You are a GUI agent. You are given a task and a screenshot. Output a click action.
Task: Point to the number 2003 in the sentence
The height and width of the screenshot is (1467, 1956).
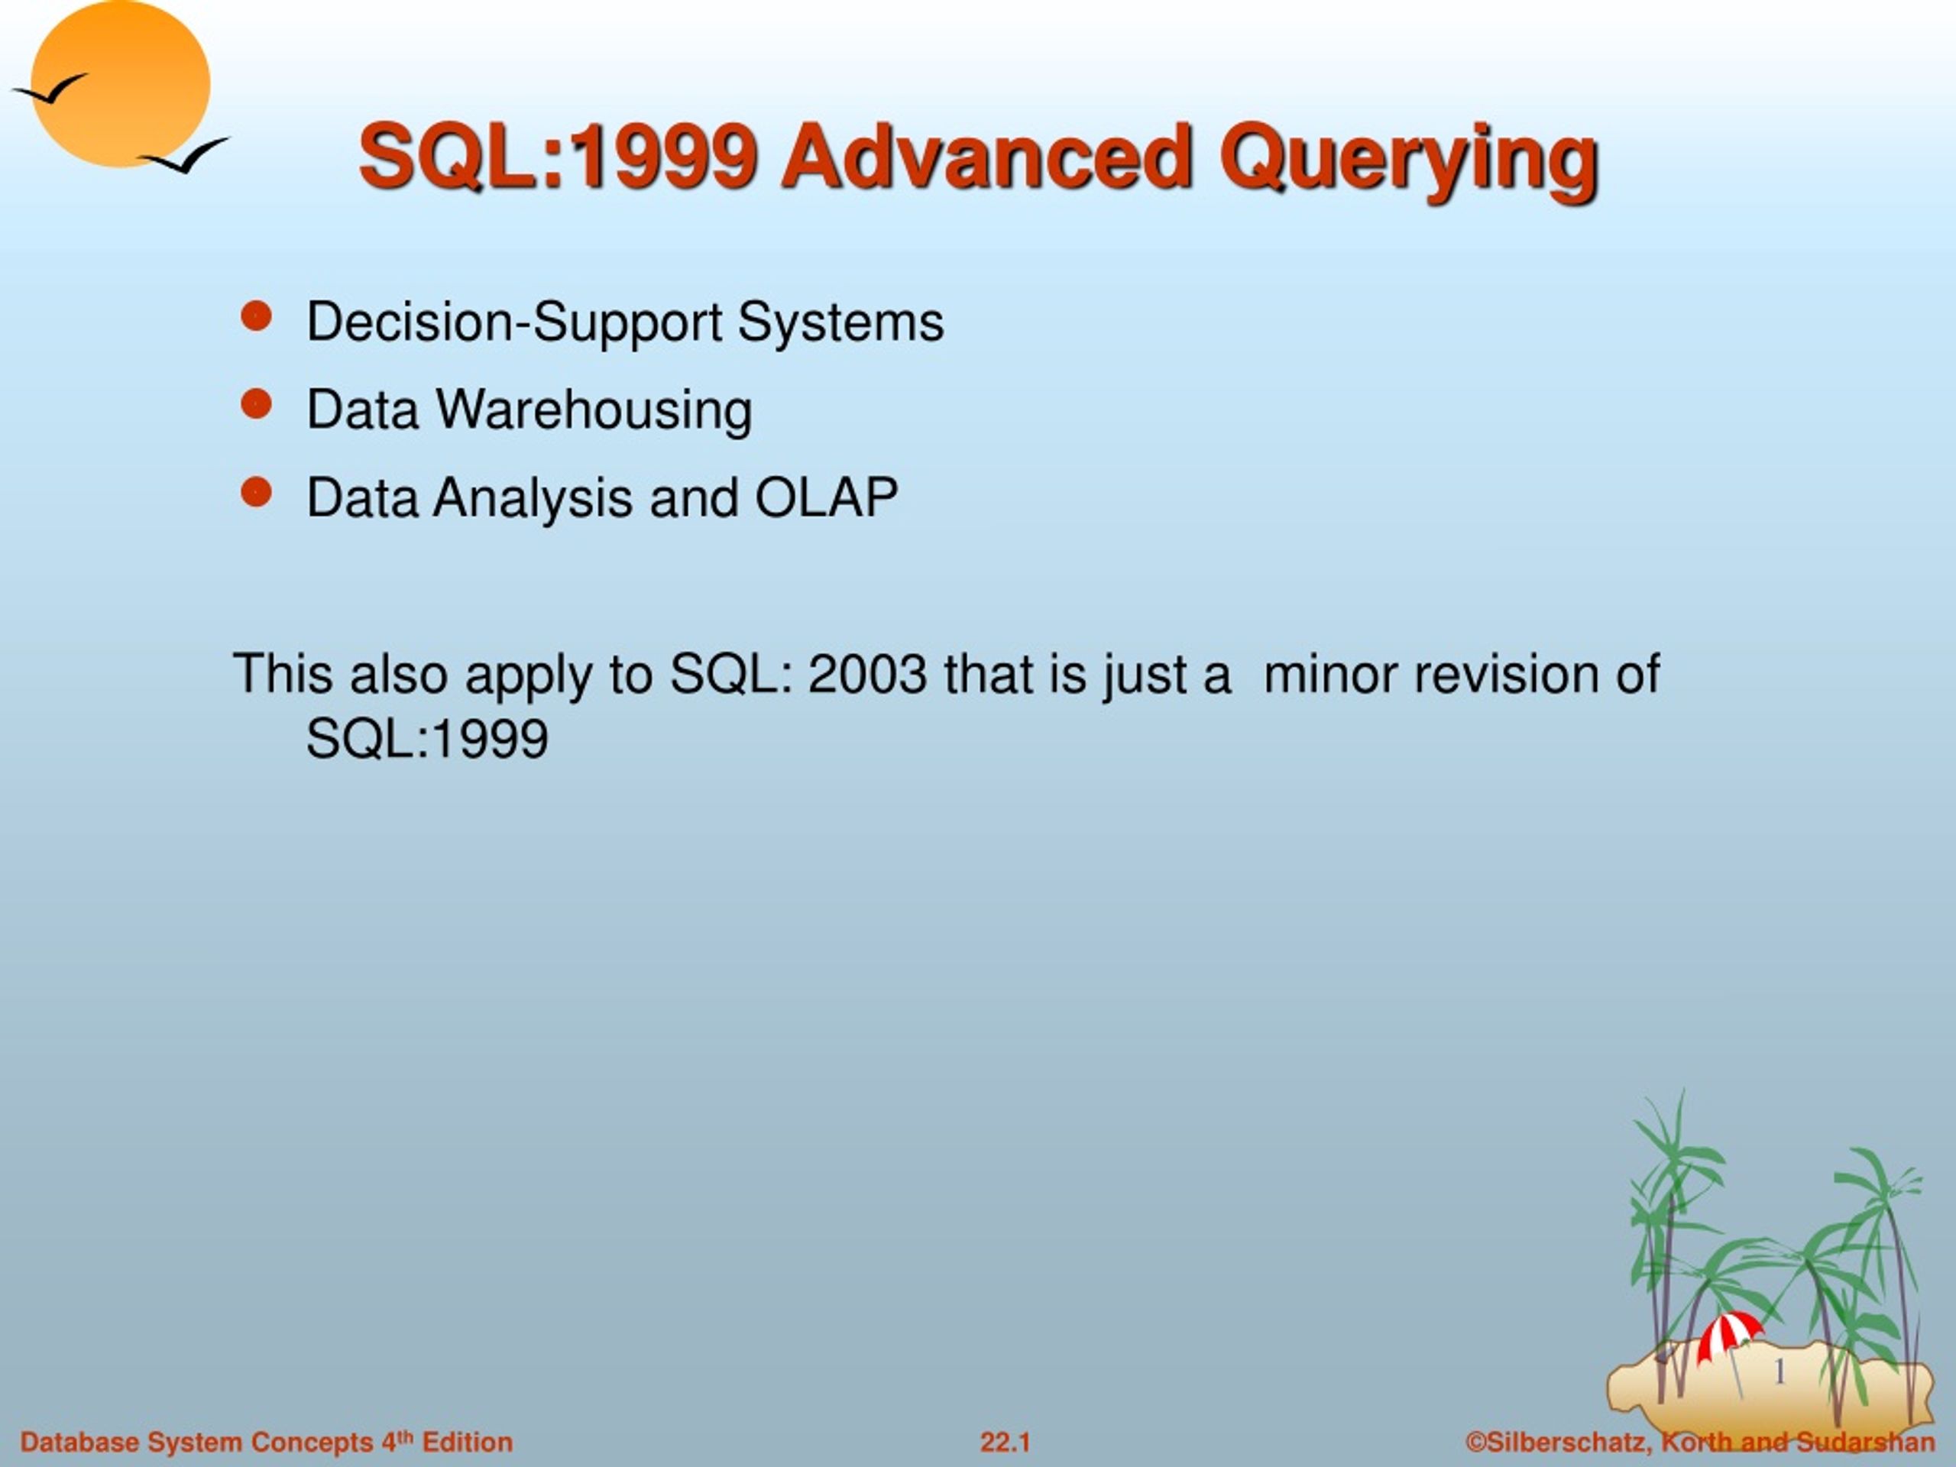(x=867, y=674)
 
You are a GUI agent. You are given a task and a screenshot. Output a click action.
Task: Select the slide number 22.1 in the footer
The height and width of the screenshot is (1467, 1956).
(x=1005, y=1443)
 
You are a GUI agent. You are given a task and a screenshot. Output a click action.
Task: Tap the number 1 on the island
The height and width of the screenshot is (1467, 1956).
(x=1780, y=1372)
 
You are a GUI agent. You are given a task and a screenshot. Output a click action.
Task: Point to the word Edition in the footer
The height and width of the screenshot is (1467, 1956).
(x=467, y=1443)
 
